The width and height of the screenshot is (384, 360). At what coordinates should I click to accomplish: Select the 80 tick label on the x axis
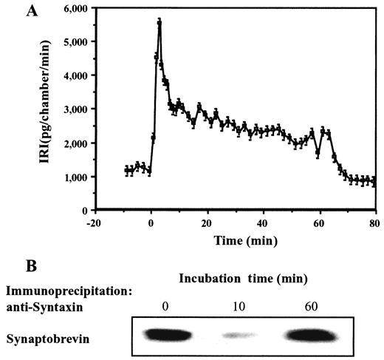point(375,222)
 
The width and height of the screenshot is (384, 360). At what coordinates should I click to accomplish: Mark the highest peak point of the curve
point(159,22)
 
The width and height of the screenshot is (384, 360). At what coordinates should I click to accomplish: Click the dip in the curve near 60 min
point(318,154)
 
